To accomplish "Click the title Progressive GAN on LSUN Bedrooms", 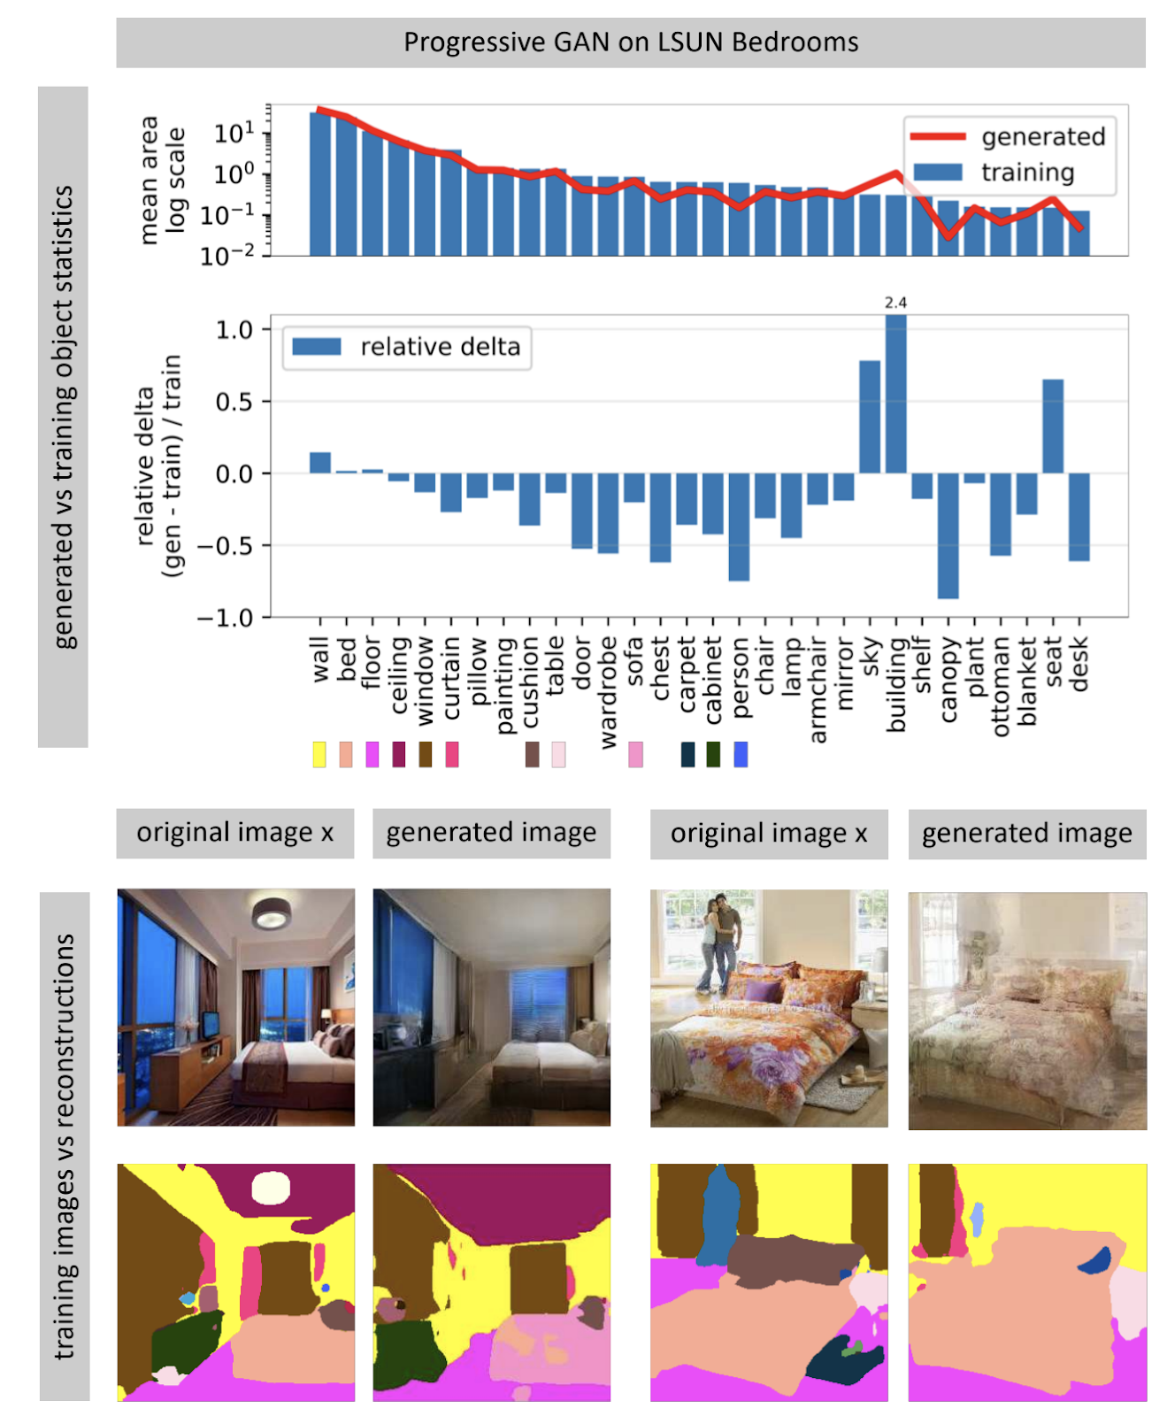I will (x=630, y=42).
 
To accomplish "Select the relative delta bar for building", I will (x=895, y=395).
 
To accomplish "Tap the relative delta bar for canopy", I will (x=948, y=535).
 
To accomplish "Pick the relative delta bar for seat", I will (x=1052, y=427).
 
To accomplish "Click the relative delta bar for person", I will (x=739, y=527).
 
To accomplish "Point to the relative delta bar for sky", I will (x=870, y=417).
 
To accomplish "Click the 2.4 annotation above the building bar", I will (x=895, y=303).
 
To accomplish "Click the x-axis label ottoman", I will (x=1001, y=687).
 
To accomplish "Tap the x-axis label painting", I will (x=504, y=686).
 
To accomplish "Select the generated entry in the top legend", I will (x=1042, y=136).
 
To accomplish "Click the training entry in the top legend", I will (x=1026, y=172).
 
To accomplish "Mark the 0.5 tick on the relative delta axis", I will (x=234, y=402).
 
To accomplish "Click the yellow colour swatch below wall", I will (x=319, y=755).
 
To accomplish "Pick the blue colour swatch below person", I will (x=741, y=755).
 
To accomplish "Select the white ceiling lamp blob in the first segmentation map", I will (x=271, y=1188).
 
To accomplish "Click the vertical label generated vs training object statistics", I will (x=63, y=416).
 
